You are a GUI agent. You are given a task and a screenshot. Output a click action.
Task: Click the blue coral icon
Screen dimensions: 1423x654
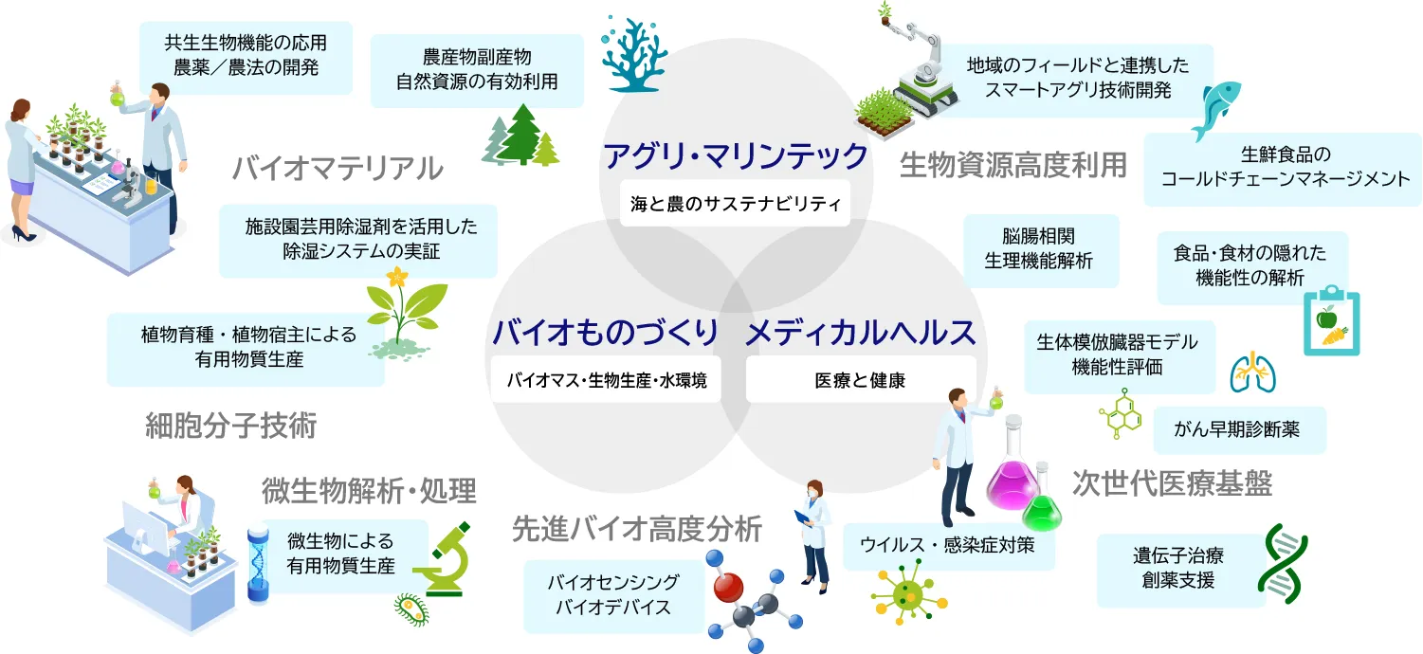(x=634, y=56)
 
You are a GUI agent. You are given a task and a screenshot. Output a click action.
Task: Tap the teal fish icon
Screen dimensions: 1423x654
(x=1216, y=109)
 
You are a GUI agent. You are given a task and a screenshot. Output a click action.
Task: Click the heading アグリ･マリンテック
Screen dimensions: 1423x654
(x=735, y=156)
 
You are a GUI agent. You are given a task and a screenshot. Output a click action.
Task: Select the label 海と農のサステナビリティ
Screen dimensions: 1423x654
(x=735, y=203)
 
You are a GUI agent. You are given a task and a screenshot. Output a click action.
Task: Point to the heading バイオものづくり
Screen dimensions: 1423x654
(x=606, y=332)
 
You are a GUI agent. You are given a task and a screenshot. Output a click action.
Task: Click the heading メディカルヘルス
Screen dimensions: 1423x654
(x=861, y=333)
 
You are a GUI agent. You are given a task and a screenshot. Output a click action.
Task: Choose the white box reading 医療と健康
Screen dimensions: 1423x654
(x=861, y=380)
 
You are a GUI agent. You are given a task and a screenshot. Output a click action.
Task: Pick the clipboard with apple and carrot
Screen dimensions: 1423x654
(x=1332, y=321)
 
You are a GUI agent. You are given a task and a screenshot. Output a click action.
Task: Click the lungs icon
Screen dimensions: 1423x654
(x=1252, y=372)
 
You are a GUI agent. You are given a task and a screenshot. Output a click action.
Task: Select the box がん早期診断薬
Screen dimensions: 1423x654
(x=1239, y=430)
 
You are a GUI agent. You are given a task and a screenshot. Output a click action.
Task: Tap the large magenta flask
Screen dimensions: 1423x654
(x=1013, y=466)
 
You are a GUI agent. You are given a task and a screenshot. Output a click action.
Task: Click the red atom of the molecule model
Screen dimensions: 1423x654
(x=728, y=588)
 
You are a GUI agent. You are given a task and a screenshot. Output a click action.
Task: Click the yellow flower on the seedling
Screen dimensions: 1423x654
(x=397, y=277)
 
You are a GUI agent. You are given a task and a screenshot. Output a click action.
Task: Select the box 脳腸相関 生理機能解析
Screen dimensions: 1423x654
(x=1041, y=250)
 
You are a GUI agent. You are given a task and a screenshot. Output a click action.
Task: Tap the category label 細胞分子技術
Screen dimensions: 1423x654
(x=231, y=426)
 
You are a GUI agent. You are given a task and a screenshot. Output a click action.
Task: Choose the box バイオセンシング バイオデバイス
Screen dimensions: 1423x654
(x=613, y=595)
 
